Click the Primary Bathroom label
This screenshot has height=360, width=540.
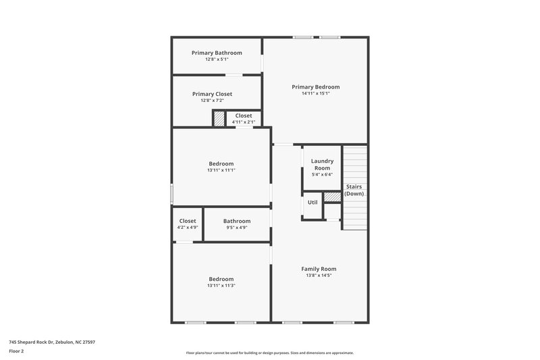(217, 53)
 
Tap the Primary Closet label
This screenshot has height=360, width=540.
(212, 94)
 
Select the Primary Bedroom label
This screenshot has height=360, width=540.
(315, 86)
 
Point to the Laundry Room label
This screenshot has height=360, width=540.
(321, 164)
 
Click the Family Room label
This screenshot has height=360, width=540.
(319, 268)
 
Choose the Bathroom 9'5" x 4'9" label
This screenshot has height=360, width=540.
(237, 221)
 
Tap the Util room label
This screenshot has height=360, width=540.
(313, 202)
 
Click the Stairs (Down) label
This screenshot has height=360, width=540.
(354, 190)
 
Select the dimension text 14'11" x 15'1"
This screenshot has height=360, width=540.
(315, 94)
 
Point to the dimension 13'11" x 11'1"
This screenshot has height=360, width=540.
(221, 170)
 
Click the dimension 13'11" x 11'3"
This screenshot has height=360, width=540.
(221, 286)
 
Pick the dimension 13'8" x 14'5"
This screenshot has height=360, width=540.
(319, 275)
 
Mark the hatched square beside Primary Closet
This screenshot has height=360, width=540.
(219, 118)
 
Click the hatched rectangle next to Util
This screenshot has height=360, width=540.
(332, 197)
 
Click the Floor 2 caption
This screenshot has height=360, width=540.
(17, 351)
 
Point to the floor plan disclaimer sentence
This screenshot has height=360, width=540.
(269, 353)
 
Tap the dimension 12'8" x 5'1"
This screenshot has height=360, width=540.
(217, 59)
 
